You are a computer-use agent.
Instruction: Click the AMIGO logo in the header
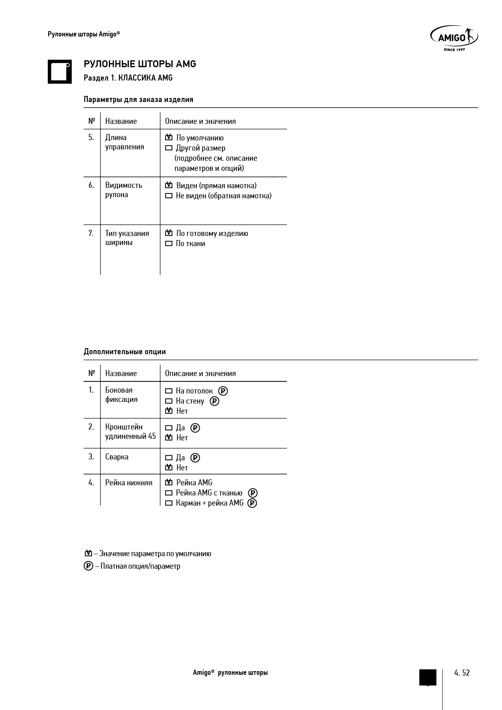tap(454, 38)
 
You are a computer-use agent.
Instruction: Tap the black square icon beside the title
tap(60, 72)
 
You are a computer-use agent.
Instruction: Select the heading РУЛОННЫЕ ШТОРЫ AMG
tap(140, 64)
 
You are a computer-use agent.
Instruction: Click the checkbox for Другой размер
tap(169, 148)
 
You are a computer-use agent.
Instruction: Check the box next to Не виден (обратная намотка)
tap(169, 196)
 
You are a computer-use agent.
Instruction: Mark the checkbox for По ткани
tap(169, 244)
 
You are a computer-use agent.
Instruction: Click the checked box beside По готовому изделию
tap(169, 233)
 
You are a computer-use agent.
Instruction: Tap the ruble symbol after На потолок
tap(223, 391)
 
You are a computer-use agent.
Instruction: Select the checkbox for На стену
tap(169, 401)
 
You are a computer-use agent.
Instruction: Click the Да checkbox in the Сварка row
tap(169, 458)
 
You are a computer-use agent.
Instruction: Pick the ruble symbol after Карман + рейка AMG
tap(252, 503)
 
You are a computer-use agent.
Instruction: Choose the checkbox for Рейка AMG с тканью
tap(169, 493)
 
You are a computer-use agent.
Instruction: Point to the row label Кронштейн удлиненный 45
tap(130, 432)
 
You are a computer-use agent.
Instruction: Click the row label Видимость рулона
tap(123, 190)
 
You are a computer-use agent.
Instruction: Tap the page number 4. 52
tap(462, 673)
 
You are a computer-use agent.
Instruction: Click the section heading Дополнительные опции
tap(125, 352)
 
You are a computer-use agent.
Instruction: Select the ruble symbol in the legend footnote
tap(88, 566)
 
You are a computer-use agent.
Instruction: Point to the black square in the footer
tap(428, 677)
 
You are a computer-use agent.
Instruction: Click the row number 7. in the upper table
tap(91, 234)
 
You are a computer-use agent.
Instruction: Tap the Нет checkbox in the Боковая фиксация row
tap(169, 411)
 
